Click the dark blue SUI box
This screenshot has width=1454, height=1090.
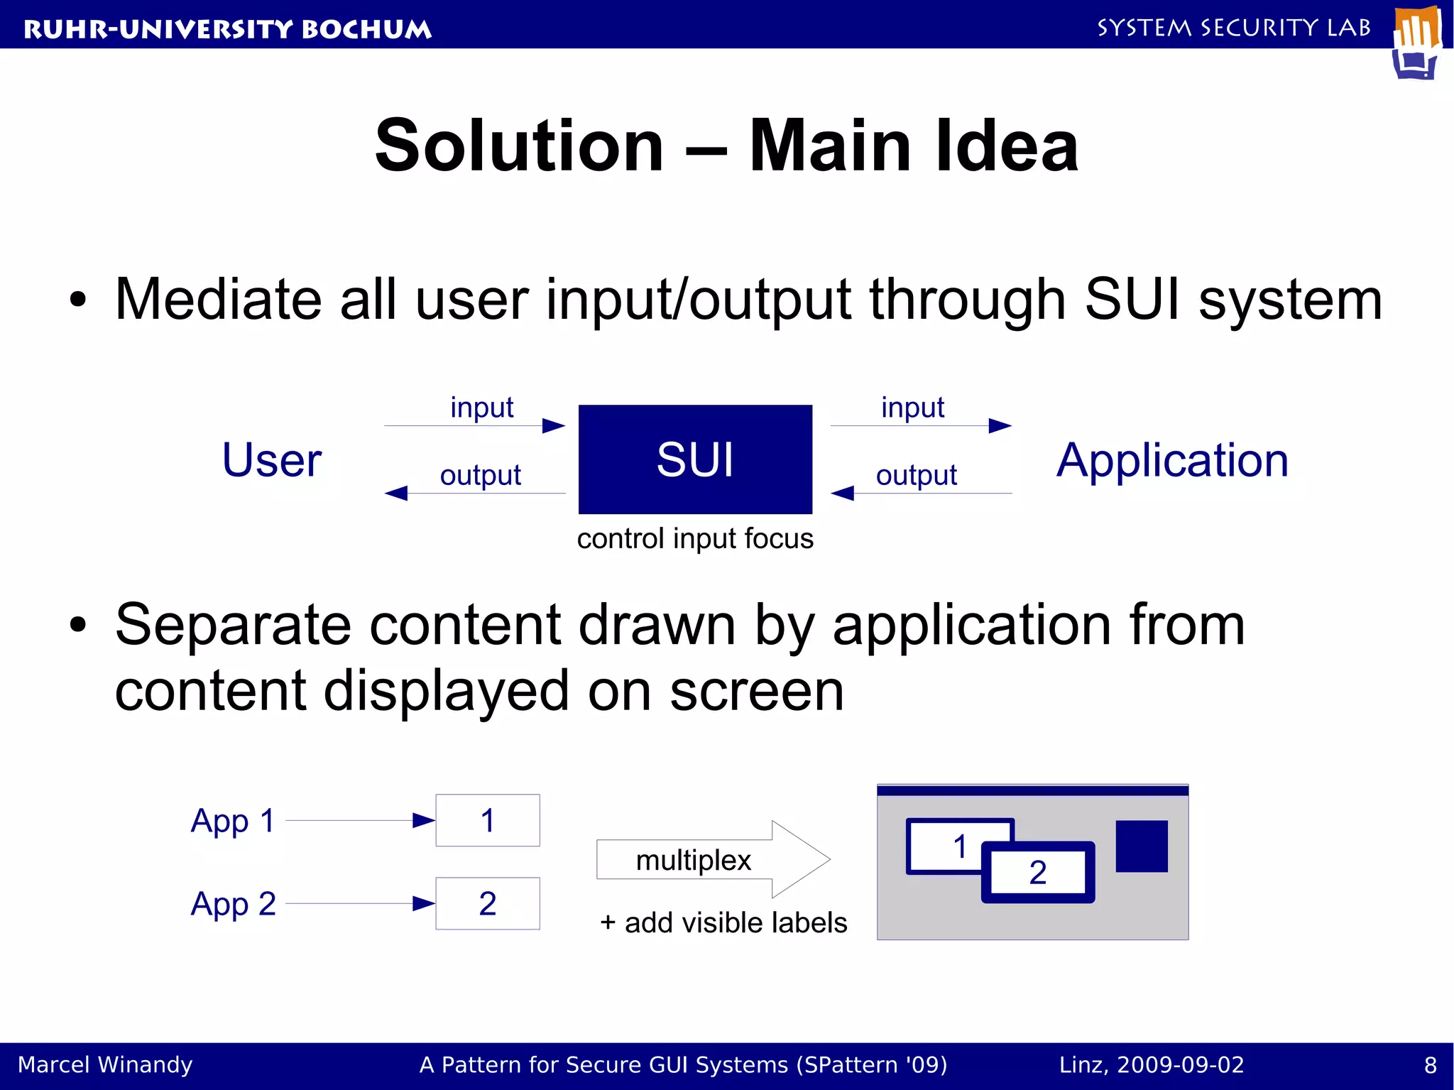(x=694, y=459)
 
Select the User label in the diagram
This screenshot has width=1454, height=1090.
(x=272, y=460)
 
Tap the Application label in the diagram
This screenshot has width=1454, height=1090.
(x=1172, y=460)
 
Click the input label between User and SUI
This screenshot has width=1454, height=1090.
(x=481, y=408)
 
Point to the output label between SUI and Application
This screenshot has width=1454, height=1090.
(x=916, y=475)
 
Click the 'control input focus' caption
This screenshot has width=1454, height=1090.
(x=694, y=538)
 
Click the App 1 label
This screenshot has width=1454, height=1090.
(x=233, y=821)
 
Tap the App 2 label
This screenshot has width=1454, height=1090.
(x=233, y=904)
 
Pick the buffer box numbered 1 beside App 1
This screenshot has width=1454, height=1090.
(x=487, y=821)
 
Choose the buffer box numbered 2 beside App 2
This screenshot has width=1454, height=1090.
(x=487, y=904)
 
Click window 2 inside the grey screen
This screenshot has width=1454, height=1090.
(x=1038, y=873)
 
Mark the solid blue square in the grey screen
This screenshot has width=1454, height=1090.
(x=1141, y=846)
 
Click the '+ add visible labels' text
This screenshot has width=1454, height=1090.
(x=723, y=922)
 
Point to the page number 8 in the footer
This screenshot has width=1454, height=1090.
(x=1430, y=1065)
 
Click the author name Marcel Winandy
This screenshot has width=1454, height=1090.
(x=105, y=1065)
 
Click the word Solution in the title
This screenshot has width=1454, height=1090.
(x=519, y=146)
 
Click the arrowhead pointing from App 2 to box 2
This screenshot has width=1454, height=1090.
(x=423, y=904)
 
